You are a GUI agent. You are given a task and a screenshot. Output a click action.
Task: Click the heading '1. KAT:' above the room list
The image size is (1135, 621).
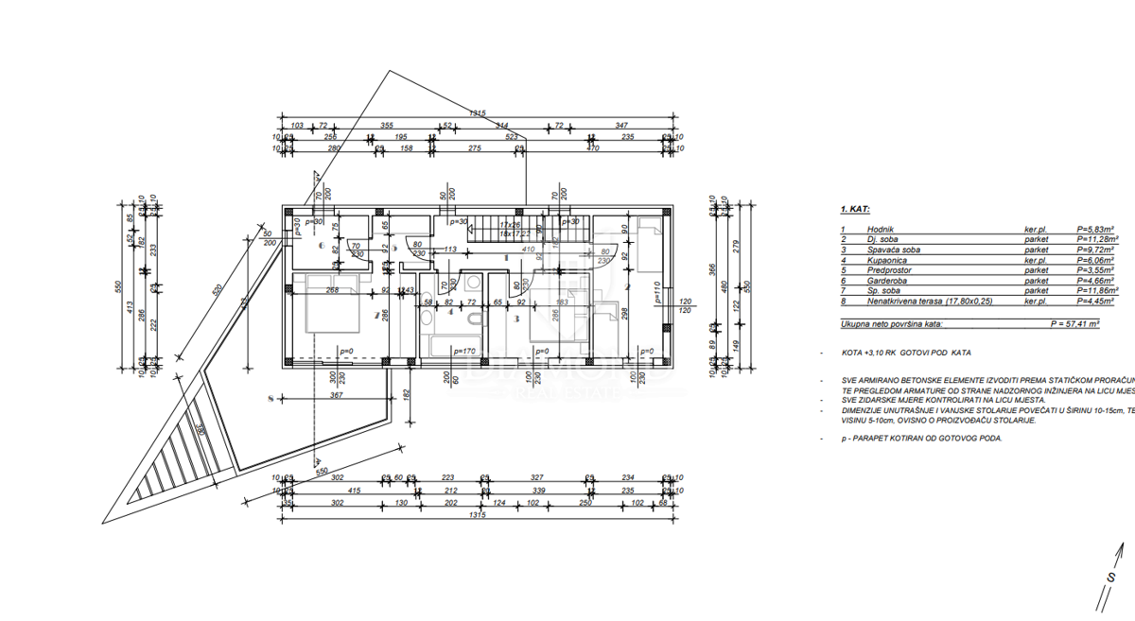click(x=855, y=212)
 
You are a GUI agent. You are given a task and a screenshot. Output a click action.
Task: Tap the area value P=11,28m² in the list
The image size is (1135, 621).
click(x=1094, y=239)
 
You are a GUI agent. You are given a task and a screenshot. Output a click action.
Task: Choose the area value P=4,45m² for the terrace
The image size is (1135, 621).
click(x=1092, y=301)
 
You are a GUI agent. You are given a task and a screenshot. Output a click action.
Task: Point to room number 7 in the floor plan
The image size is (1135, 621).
click(x=375, y=315)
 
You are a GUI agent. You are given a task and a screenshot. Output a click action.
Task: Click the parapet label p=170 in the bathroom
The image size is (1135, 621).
click(x=463, y=352)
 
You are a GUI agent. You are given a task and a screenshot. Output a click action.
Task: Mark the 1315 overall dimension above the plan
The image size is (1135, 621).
click(x=478, y=114)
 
